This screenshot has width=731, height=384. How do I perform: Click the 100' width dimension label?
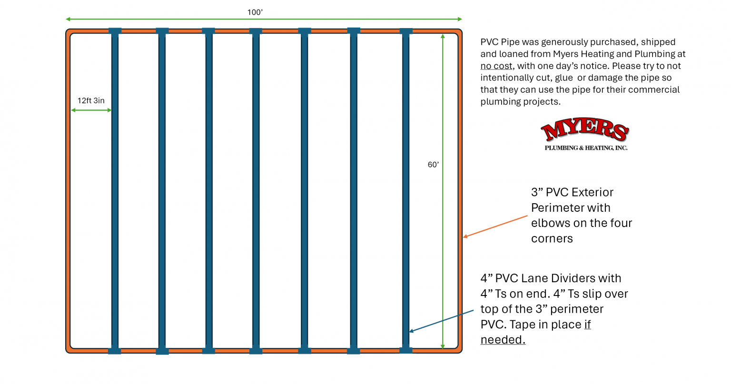255,12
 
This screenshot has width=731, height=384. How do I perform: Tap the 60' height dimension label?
433,165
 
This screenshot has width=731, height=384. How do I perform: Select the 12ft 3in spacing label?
91,100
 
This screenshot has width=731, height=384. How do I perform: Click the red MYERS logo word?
584,129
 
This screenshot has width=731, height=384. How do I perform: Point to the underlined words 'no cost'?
496,66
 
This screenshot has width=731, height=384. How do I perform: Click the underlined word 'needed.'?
503,340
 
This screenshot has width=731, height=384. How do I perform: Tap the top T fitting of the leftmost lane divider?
115,31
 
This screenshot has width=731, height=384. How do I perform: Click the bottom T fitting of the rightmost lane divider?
406,350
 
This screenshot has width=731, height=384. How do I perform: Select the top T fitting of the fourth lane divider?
256,31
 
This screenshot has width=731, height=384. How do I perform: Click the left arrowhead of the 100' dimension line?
68,19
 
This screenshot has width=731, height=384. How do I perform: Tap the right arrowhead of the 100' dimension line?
460,19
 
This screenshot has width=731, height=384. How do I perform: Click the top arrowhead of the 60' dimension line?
443,36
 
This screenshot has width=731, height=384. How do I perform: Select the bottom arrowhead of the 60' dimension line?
443,346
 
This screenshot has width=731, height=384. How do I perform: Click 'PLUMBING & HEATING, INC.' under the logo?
586,148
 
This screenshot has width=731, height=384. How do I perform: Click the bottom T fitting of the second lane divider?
162,351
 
